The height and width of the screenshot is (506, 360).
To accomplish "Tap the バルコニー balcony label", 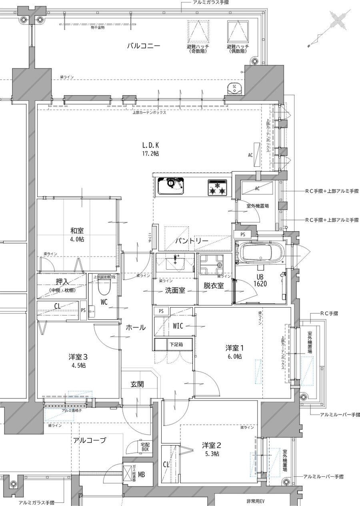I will [144, 46].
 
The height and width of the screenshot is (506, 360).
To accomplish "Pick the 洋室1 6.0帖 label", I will [234, 352].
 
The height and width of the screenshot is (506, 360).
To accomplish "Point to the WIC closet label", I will [178, 326].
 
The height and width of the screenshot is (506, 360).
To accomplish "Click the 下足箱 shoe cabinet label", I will [176, 344].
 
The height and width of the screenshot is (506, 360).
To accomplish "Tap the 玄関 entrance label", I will [137, 384].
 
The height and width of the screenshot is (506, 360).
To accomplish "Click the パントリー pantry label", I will [191, 241].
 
